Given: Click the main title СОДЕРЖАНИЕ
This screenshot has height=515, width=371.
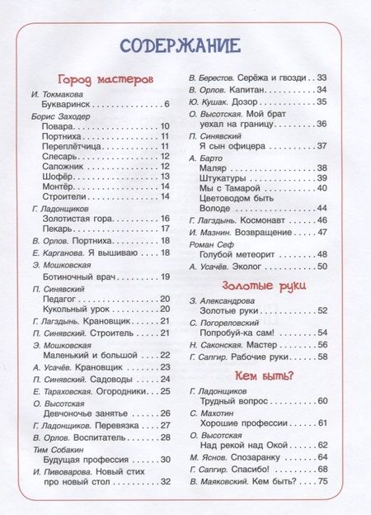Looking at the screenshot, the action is pos(180,45).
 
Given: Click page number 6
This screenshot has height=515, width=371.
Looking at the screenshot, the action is pos(167,105).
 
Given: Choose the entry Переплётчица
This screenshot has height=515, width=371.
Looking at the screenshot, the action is pos(72,145).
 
